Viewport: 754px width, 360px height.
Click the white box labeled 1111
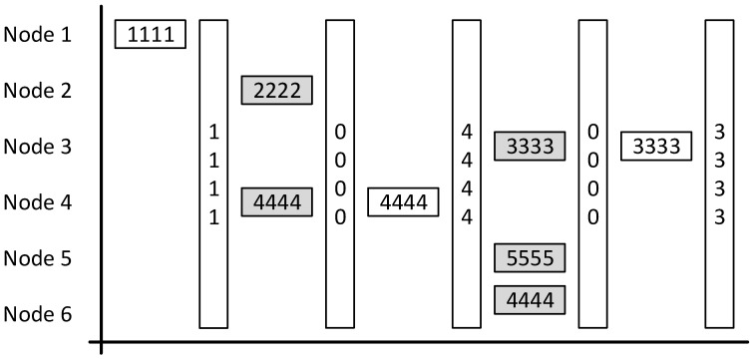[x=151, y=35]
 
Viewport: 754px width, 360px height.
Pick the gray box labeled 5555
[x=530, y=258]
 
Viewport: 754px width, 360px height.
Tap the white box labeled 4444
[x=403, y=202]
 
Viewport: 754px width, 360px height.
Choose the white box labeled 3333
[x=656, y=147]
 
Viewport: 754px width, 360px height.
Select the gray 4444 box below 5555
[x=530, y=299]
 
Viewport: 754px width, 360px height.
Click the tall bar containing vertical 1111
[x=213, y=174]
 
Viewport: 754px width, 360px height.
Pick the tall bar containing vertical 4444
[x=467, y=174]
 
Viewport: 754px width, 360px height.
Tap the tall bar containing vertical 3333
[x=719, y=174]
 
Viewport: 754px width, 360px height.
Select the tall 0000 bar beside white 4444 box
[x=340, y=174]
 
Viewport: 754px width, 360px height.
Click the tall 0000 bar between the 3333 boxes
[x=593, y=174]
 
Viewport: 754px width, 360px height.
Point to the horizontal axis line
[x=419, y=345]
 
